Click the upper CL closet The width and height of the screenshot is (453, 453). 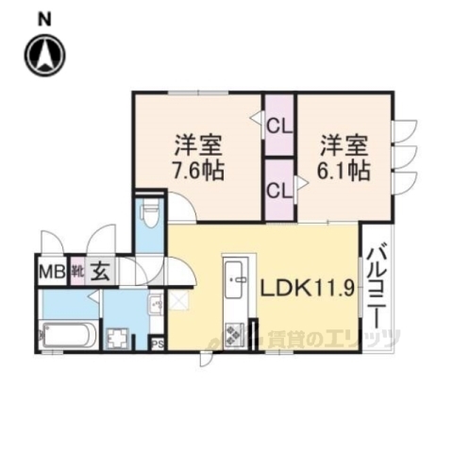tap(278, 122)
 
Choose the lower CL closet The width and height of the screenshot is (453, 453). tap(278, 189)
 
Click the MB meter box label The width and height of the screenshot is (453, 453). tap(51, 274)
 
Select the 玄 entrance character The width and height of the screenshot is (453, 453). tap(101, 273)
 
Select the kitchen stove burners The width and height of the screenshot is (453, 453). tap(232, 332)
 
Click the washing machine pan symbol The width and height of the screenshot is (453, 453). tap(119, 336)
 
